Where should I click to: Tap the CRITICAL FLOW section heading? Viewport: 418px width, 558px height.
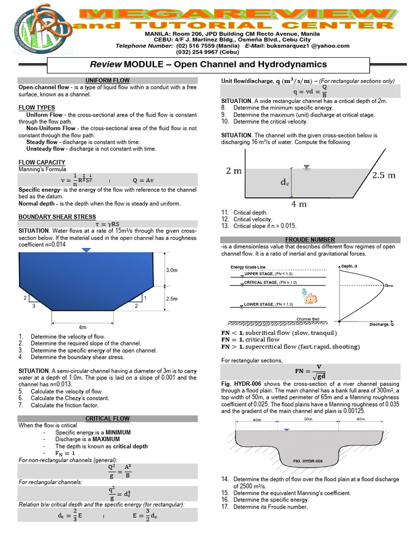tap(108, 418)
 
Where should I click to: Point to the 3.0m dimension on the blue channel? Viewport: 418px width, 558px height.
tap(171, 270)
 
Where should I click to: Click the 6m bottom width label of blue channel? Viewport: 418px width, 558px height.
tap(83, 327)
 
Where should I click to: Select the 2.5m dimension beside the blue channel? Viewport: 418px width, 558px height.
tap(171, 299)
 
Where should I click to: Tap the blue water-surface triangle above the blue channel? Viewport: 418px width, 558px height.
tap(86, 250)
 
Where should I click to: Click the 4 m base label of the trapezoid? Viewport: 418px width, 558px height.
tap(299, 204)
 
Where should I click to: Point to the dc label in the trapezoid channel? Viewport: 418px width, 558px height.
tap(285, 183)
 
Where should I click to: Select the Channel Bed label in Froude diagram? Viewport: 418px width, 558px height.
tap(308, 319)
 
